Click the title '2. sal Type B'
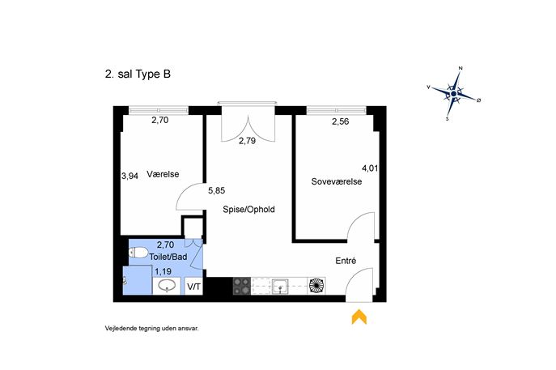pos(138,74)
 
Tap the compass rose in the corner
pos(454,94)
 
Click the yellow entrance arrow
pos(359,317)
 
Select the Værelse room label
pos(163,174)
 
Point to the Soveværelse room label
pos(337,181)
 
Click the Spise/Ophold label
pos(248,210)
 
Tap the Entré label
pos(346,261)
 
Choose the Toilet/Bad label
pos(168,257)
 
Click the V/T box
pos(193,287)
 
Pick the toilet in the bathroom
pos(138,253)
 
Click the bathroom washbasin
pos(167,286)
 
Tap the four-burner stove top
pos(241,286)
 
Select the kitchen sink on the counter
pos(280,286)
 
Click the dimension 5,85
pos(216,191)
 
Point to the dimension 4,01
pos(370,168)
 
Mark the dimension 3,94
pos(129,176)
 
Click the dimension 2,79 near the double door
pos(247,141)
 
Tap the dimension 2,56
pos(341,121)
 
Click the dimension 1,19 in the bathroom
pos(163,272)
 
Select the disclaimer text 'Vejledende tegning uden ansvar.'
pos(152,329)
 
